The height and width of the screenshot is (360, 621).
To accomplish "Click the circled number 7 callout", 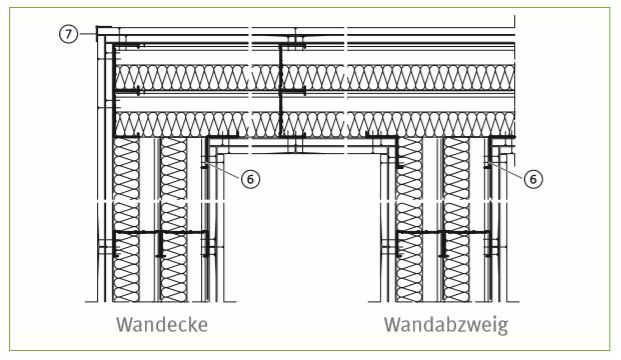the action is pos(69,34).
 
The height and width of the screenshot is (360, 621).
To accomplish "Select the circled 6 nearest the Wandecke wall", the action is pos(250,179).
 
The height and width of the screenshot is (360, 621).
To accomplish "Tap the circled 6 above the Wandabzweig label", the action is pos(533,179).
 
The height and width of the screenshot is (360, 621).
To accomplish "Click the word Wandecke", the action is pos(162,325).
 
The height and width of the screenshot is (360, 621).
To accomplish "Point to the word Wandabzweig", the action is pos(446,326).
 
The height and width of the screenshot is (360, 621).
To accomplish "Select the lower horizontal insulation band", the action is pos(315,124).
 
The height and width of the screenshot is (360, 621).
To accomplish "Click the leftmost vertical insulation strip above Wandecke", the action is pos(126,220).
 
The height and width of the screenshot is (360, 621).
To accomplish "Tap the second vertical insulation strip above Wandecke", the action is pos(173,220).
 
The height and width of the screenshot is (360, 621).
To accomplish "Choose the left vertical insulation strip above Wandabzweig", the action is pos(409,220).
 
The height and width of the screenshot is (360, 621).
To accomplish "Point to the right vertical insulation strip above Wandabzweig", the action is pos(456,220).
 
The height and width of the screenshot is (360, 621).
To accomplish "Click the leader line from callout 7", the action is pos(88,34).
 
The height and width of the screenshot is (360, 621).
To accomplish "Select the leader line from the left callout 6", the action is pos(224,170).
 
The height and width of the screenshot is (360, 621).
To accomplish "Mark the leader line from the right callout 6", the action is pos(507,170).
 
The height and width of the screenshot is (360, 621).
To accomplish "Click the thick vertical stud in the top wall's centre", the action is pos(280,90).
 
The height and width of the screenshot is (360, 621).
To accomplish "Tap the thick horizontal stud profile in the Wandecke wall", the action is pos(160,232).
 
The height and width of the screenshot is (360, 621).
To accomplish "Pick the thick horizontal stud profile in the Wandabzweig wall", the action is pos(444,232).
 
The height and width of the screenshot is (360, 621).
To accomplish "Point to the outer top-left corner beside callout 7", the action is pos(97,27).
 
